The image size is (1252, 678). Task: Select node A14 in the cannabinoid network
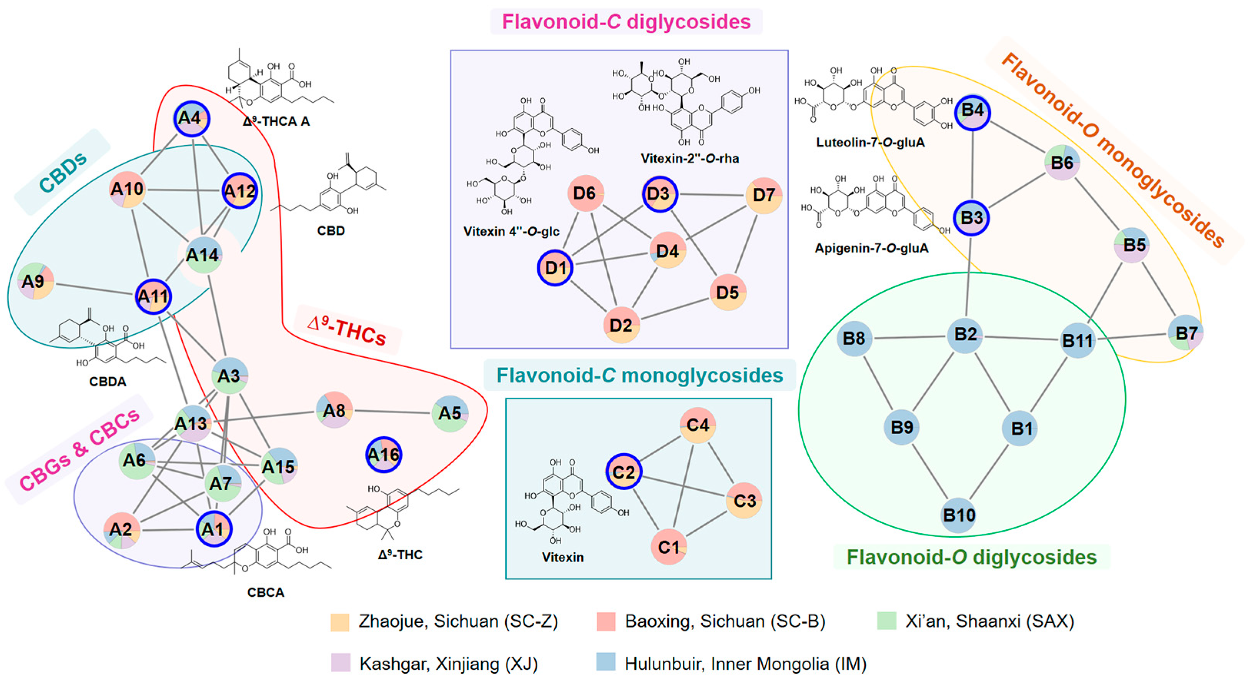pos(204,255)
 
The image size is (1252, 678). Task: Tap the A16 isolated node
pos(384,454)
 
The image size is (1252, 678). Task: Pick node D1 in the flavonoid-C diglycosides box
pos(555,268)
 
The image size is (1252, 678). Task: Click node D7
pos(763,195)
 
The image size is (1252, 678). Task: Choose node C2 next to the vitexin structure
pos(624,472)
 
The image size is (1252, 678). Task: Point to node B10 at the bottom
pos(958,515)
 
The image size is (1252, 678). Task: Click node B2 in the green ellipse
pos(965,335)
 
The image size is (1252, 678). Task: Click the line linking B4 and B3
pos(973,165)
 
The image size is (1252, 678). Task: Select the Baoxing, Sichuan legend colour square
pos(605,621)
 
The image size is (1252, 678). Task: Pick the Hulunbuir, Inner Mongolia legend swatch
pos(605,663)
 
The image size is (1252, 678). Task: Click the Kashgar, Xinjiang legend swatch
pos(340,663)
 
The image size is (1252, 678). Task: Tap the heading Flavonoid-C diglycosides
pos(626,22)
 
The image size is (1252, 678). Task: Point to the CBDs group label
pos(63,172)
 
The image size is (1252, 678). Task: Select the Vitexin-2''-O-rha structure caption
pos(689,158)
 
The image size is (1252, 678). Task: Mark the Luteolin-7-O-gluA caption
pos(870,142)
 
